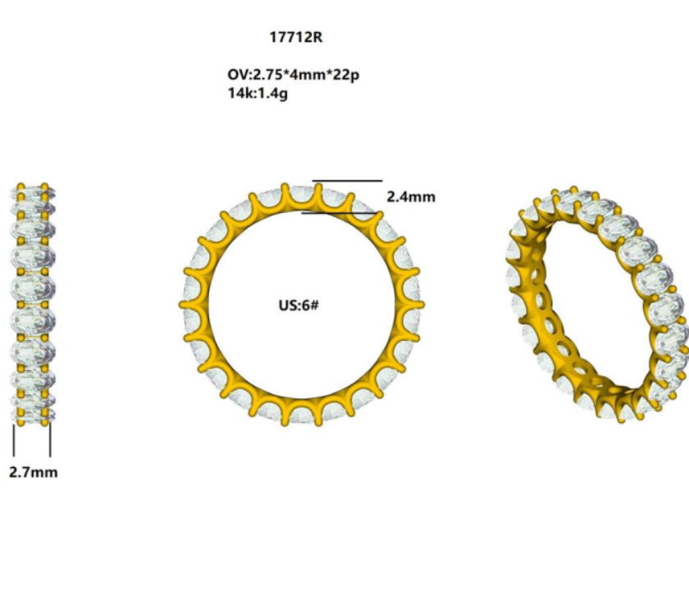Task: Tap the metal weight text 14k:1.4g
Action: (258, 93)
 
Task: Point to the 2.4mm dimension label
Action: (411, 197)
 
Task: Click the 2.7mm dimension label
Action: (34, 472)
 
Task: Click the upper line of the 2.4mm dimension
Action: (348, 180)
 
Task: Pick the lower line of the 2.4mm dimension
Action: (340, 213)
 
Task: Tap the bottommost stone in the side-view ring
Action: (33, 413)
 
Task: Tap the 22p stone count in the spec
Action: (346, 75)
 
